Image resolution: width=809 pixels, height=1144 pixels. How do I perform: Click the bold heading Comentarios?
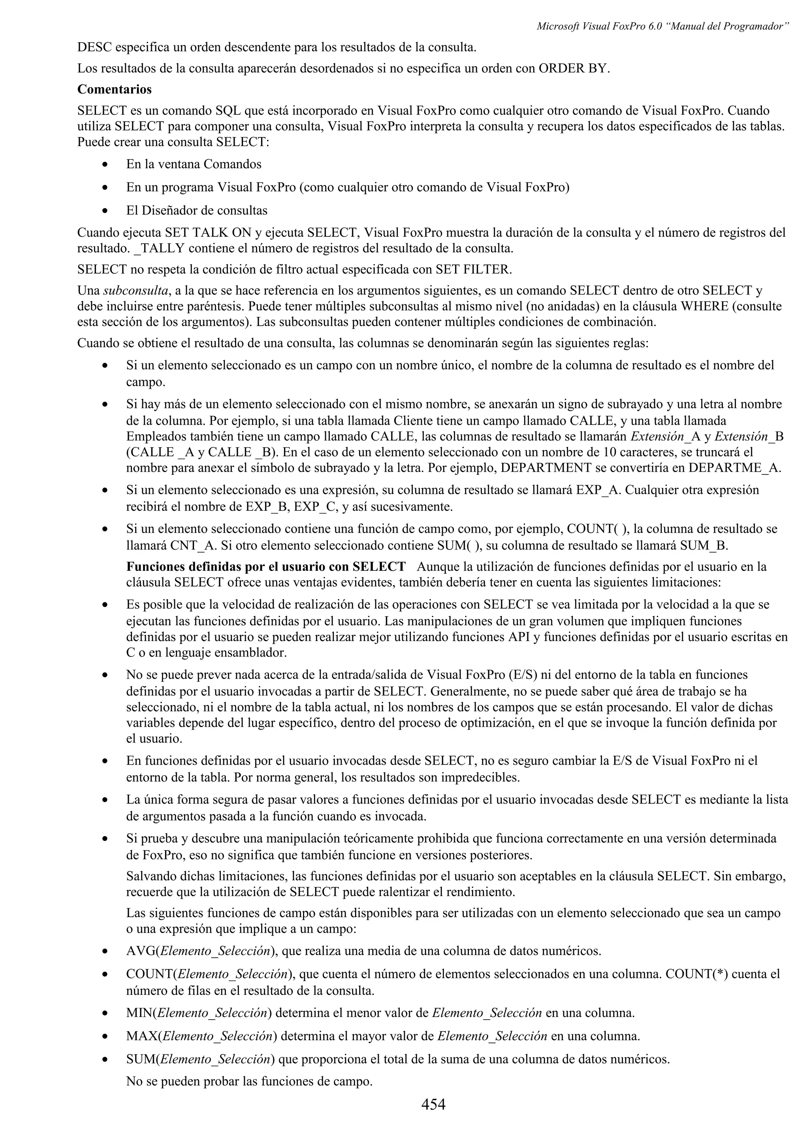(x=114, y=90)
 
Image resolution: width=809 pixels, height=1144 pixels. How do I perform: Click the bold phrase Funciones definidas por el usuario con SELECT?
(x=266, y=567)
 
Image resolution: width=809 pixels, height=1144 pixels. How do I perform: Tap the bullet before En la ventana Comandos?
(x=105, y=165)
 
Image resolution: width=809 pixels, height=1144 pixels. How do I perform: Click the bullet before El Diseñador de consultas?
(x=105, y=211)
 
